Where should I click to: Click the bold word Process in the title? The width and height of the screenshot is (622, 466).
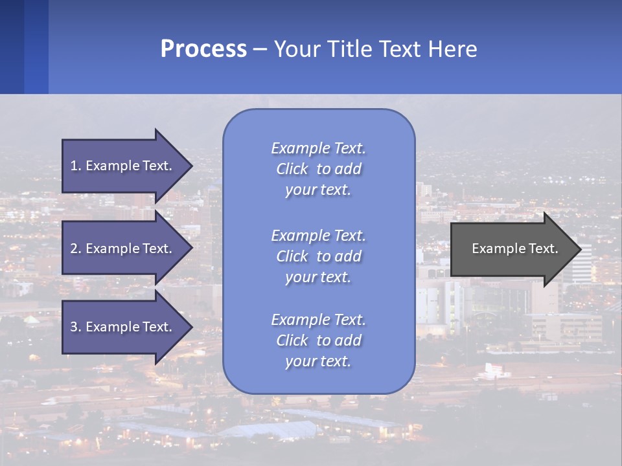tap(203, 49)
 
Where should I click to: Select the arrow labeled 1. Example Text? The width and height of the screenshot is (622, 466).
tap(123, 166)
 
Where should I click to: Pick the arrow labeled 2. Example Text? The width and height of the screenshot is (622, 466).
tap(123, 249)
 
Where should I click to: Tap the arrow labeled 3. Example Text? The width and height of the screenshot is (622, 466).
tap(123, 327)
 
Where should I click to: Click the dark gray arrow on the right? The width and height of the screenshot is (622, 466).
tap(512, 249)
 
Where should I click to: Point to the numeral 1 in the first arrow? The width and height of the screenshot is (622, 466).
tap(74, 166)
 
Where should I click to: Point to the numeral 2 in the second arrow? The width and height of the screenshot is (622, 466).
tap(74, 249)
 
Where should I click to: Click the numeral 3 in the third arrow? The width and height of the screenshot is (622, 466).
tap(74, 327)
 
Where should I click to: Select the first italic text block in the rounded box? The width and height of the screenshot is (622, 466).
tap(318, 169)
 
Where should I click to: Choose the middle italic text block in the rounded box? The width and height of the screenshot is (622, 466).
tap(318, 256)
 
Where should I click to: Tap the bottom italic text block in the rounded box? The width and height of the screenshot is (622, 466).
tap(318, 340)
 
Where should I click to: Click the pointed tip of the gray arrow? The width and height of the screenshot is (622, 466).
tap(579, 249)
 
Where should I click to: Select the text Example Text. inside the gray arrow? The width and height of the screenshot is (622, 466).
tap(514, 249)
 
